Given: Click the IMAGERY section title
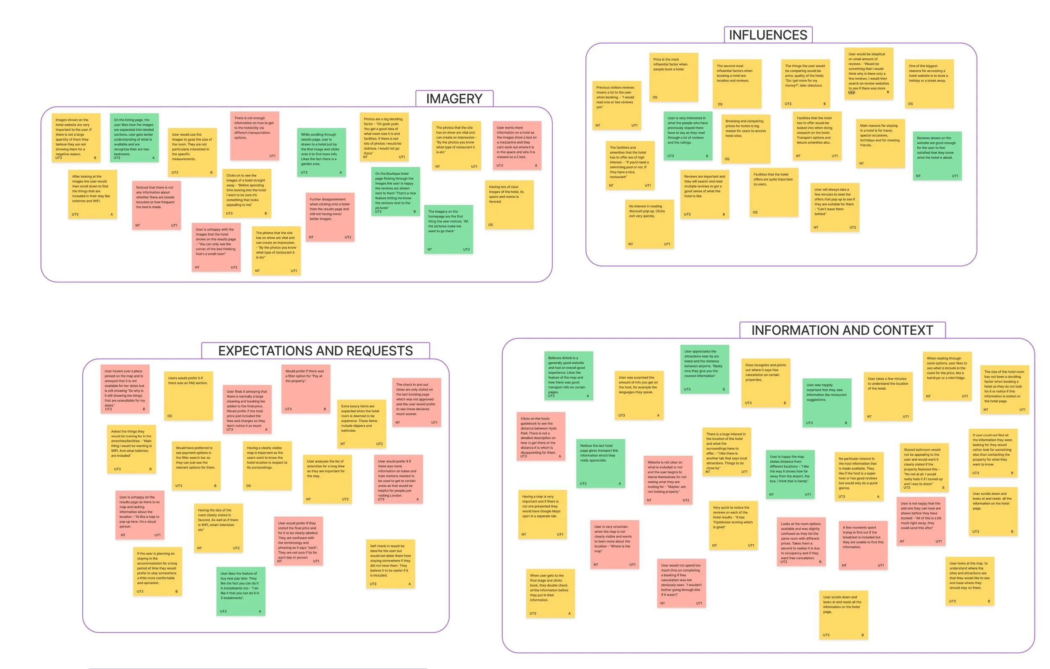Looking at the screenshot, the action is (454, 99).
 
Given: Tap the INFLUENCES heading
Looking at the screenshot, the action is (767, 35).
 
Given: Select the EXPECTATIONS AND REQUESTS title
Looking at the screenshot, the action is (315, 351).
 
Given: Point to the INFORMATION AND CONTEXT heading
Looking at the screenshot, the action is (842, 330).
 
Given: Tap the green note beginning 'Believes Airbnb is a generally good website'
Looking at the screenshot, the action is (568, 375).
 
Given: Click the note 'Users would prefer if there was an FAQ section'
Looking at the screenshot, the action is (189, 396).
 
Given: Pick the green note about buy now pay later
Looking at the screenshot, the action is (240, 591).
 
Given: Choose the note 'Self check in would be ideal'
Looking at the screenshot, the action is (390, 564).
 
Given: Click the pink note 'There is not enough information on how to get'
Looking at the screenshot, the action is (255, 136).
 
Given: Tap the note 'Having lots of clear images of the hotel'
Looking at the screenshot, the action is (509, 205).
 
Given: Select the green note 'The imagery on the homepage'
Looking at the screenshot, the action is (448, 229).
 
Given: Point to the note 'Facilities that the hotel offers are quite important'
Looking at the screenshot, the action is (774, 192).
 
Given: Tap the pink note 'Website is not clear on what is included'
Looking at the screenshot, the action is (667, 480).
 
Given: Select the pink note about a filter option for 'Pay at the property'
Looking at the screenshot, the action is (305, 388).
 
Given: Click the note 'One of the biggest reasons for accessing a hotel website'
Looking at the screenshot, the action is (929, 83).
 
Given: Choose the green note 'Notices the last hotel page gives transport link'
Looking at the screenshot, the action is (600, 463).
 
